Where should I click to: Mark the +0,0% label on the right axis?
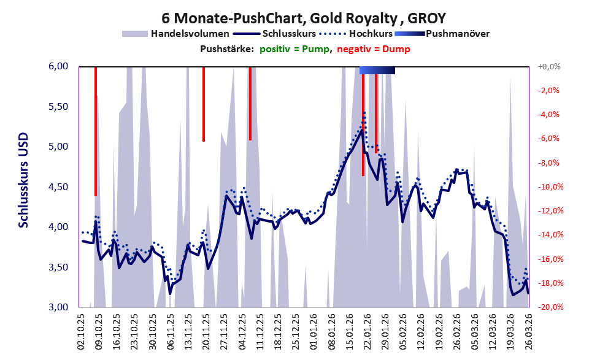point(548,66)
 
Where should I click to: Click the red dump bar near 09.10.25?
point(96,132)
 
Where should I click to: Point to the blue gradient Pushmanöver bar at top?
point(377,71)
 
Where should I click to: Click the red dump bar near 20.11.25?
point(204,104)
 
